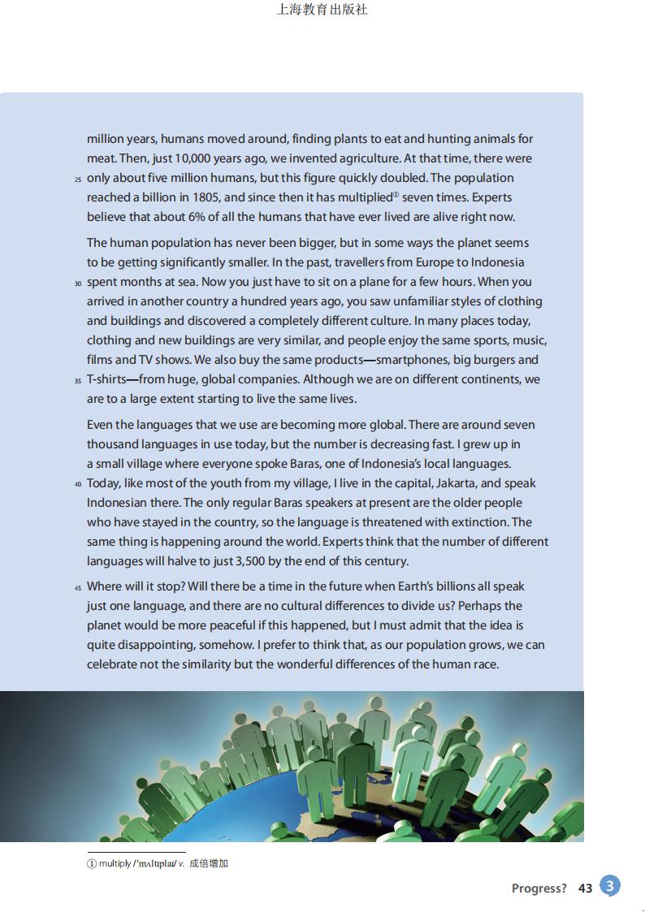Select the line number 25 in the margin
click(x=78, y=179)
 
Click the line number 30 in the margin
click(x=78, y=283)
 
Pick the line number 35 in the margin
click(x=78, y=380)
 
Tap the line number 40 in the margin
click(x=78, y=484)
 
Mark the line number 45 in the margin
click(x=78, y=587)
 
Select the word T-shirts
click(x=106, y=379)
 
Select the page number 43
click(x=585, y=888)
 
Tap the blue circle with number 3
click(x=610, y=885)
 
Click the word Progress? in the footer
click(x=539, y=888)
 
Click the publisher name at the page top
click(x=322, y=10)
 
